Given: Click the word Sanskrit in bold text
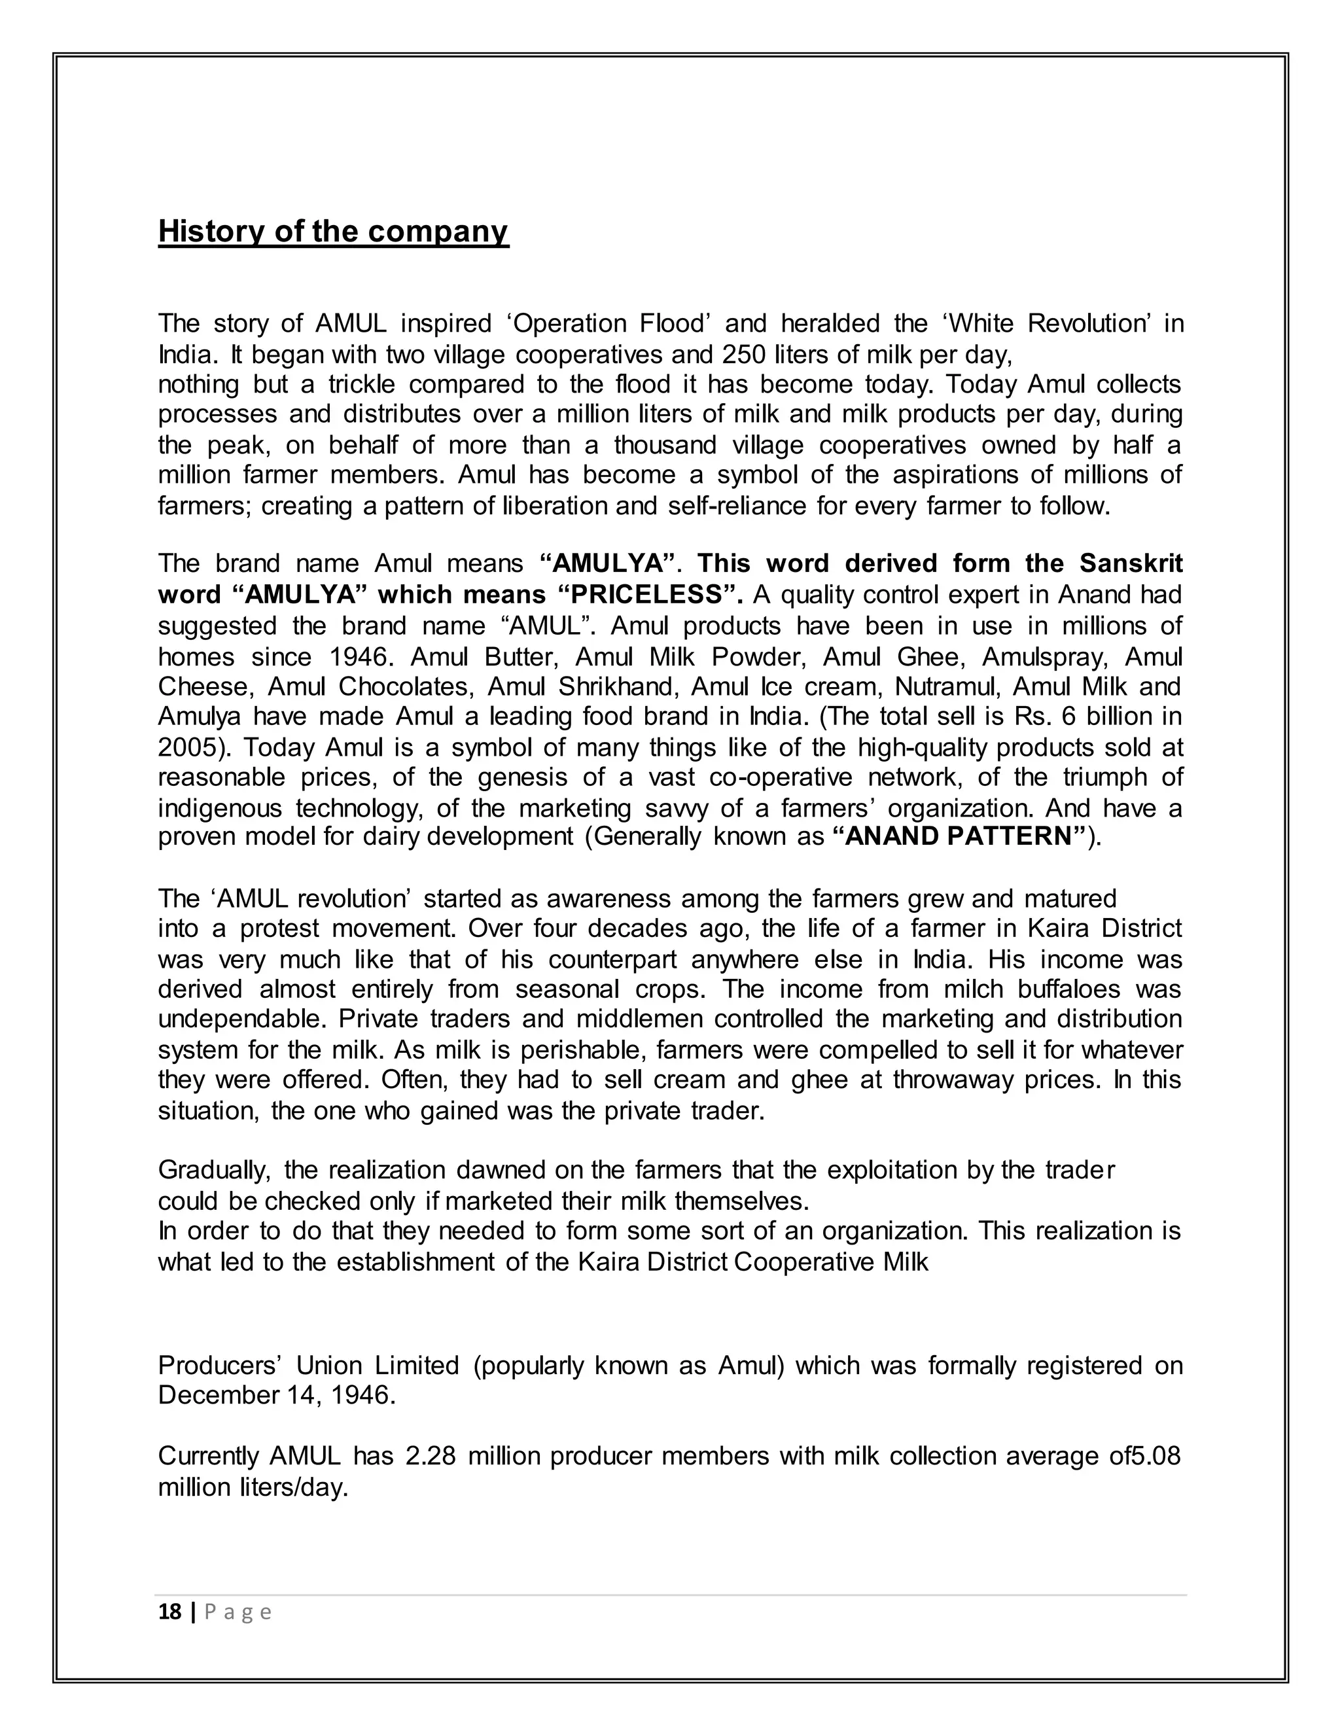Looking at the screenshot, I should pyautogui.click(x=1131, y=563).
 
